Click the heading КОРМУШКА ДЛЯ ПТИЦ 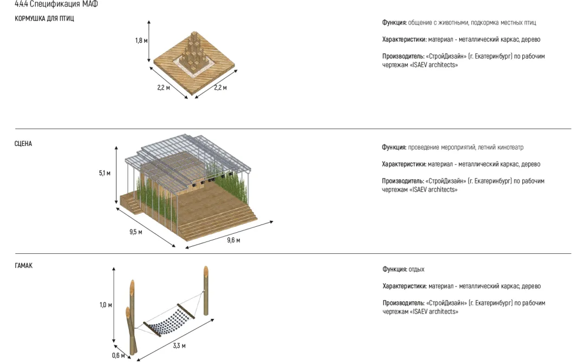pos(44,18)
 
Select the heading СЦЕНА pos(23,144)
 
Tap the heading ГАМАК pos(24,266)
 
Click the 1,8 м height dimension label pos(141,41)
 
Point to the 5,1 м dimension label pos(105,173)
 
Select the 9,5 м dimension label pos(135,232)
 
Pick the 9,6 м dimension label pos(233,240)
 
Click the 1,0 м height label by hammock pos(106,305)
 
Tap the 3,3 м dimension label pos(179,346)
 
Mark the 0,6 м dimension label pos(119,356)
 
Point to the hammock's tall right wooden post pos(206,290)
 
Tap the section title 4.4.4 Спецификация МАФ pos(56,4)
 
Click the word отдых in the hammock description pos(417,270)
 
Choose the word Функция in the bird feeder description pos(394,23)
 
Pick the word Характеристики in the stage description pos(404,164)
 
